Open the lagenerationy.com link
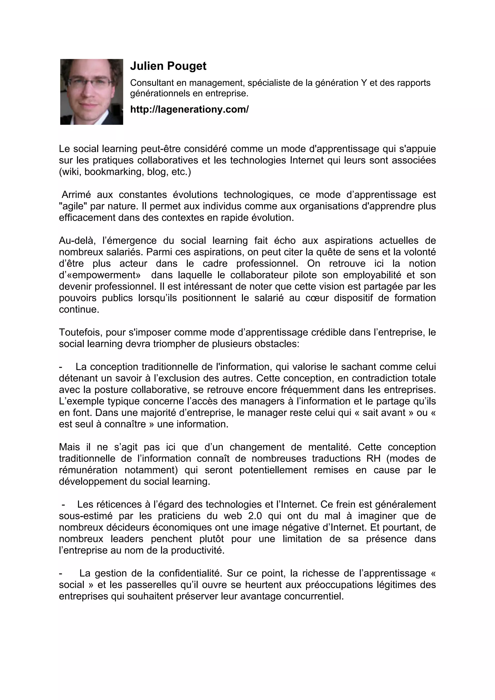click(x=189, y=109)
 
